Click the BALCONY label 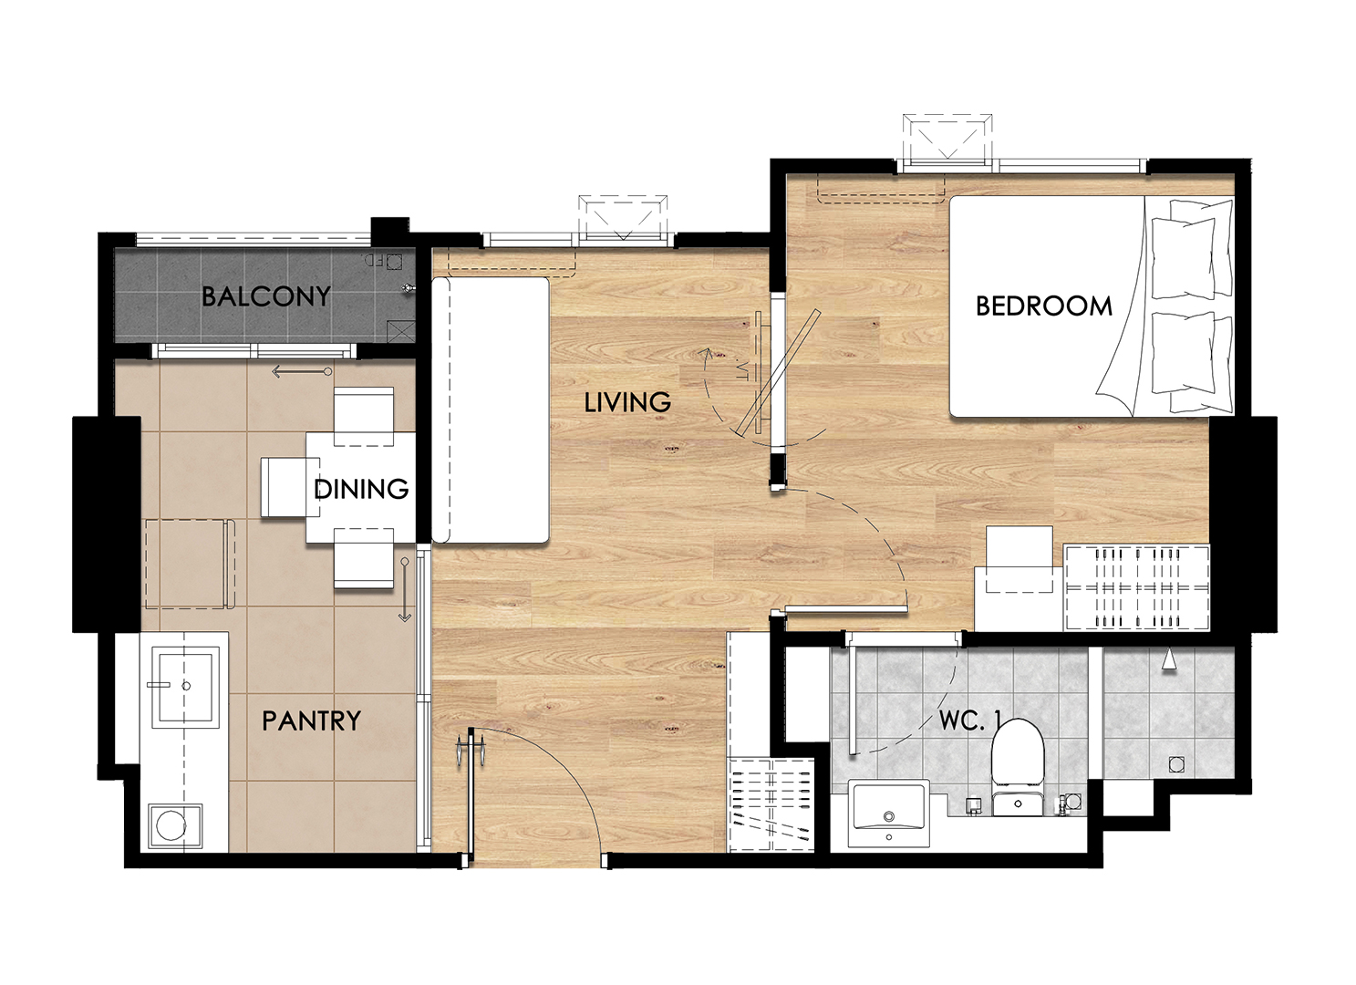266,296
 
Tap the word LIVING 627,402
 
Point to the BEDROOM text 1044,306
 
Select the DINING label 361,489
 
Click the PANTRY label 311,721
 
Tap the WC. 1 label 970,721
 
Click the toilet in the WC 1018,767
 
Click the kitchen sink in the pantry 185,686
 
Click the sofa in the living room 491,410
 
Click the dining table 361,487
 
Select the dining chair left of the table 283,487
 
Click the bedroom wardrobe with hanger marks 1136,587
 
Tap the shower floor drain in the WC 1176,764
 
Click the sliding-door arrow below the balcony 302,371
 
